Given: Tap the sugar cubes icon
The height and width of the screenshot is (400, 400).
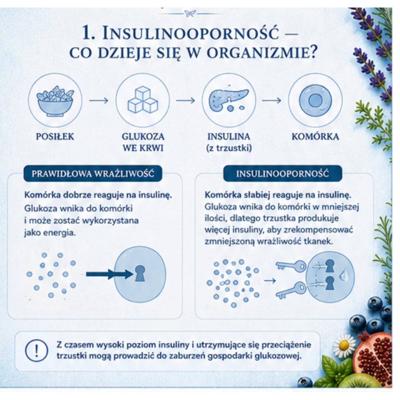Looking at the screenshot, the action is click(143, 100).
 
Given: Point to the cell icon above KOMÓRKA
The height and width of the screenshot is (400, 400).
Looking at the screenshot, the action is click(315, 100).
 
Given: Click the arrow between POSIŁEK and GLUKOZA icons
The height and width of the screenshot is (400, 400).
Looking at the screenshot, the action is click(99, 100).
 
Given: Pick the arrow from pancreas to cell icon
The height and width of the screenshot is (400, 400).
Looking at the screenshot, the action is click(271, 100).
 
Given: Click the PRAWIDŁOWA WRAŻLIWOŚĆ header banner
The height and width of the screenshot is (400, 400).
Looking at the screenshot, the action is click(93, 173).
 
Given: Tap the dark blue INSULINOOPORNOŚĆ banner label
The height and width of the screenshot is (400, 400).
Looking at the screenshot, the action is click(282, 173).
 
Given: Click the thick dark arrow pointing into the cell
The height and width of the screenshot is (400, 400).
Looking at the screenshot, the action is click(110, 274).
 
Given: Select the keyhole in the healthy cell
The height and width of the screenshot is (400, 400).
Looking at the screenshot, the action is click(139, 273).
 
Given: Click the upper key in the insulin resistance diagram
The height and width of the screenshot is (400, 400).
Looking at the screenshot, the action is click(291, 266).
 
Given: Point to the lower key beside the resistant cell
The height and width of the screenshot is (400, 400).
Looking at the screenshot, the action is click(291, 291).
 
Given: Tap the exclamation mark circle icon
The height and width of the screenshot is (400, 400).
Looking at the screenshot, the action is click(36, 350).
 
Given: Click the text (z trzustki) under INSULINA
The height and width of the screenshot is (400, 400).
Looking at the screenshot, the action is click(229, 148).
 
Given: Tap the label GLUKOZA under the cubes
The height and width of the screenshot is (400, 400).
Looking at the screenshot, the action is click(143, 136).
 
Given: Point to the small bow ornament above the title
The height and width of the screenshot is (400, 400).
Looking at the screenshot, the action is click(190, 13).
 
